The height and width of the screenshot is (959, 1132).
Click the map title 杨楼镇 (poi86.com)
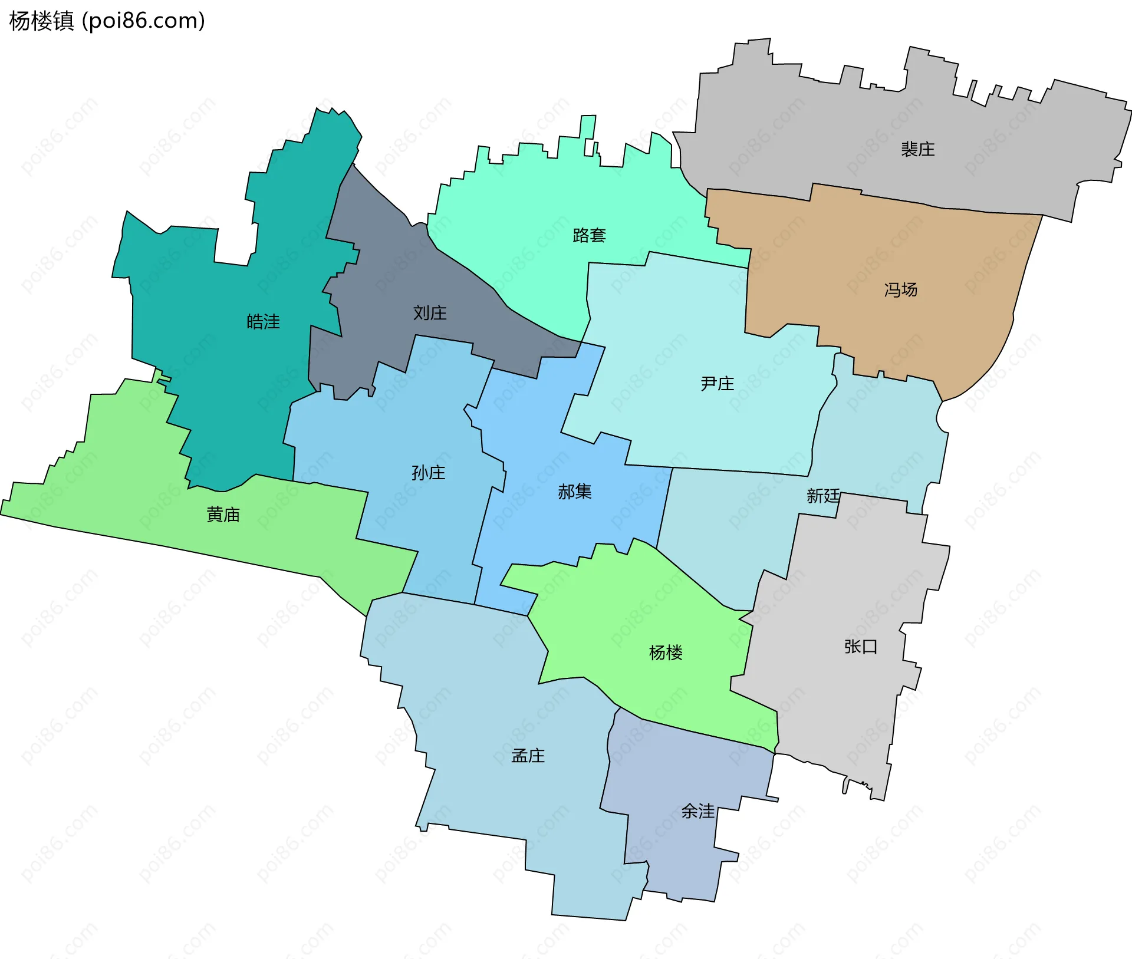pos(107,21)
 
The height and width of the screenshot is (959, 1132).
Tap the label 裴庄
pos(917,149)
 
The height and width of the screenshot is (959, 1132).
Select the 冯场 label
pos(900,289)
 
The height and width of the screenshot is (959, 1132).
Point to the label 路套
pos(589,235)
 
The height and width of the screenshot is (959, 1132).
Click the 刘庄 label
pos(430,312)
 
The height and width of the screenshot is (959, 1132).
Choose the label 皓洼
pos(263,321)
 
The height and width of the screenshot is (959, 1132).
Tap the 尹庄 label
pos(717,383)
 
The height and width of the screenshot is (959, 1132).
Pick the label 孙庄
pos(428,472)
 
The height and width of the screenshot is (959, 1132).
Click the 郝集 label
pos(574,491)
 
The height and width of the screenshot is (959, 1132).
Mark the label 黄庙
pos(223,515)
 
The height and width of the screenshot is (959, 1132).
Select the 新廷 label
pos(822,495)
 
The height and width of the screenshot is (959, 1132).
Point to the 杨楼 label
pos(665,652)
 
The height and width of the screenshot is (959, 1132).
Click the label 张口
pos(860,647)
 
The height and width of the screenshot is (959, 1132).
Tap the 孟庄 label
pos(528,755)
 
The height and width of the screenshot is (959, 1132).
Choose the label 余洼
pos(697,811)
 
